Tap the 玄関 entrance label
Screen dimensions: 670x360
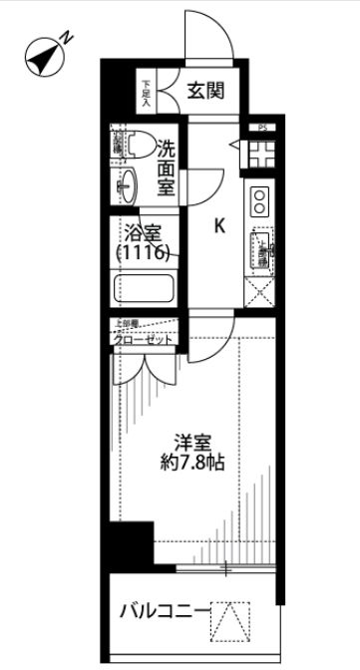click(x=204, y=90)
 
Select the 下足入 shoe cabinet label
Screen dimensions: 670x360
click(x=146, y=91)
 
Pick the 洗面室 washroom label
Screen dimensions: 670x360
click(x=166, y=166)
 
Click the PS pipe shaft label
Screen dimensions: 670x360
click(x=261, y=127)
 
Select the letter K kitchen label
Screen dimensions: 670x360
click(x=220, y=226)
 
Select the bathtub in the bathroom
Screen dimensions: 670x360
click(x=146, y=290)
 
